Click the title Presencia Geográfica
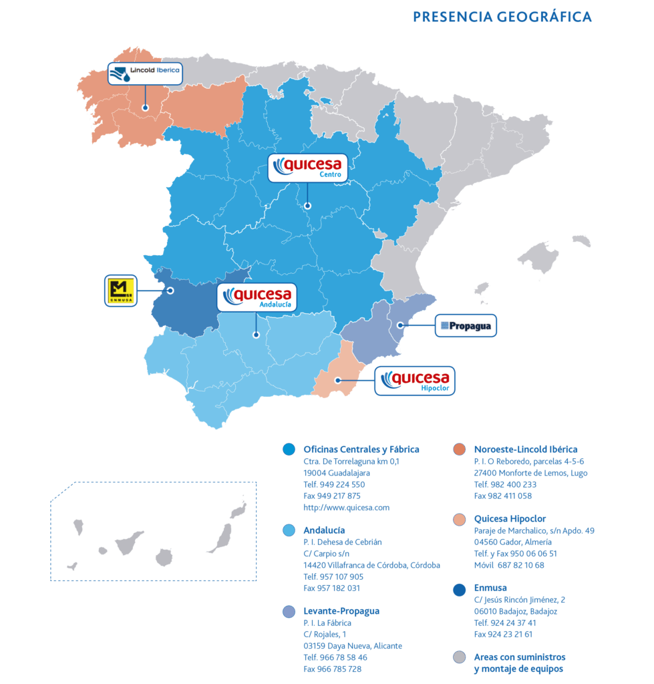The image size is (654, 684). [x=502, y=17]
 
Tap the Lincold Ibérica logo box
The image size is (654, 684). [x=145, y=73]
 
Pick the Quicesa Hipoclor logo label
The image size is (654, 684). [x=415, y=381]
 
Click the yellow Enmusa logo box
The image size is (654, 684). [x=121, y=291]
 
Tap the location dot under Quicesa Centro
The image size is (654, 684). [x=307, y=206]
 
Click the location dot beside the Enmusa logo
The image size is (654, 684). [x=170, y=291]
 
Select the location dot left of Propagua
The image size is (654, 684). [x=400, y=325]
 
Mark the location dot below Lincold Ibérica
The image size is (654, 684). [x=145, y=107]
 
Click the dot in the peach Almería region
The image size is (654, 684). [x=338, y=380]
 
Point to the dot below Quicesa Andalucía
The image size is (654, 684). [x=255, y=335]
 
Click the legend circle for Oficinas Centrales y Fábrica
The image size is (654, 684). [x=289, y=450]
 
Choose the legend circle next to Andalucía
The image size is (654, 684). [x=289, y=530]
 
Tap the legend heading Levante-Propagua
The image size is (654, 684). [x=341, y=611]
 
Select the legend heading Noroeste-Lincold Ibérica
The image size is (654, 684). [x=526, y=450]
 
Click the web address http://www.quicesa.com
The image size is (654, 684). [x=346, y=508]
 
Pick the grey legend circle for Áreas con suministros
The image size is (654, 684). [x=459, y=657]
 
